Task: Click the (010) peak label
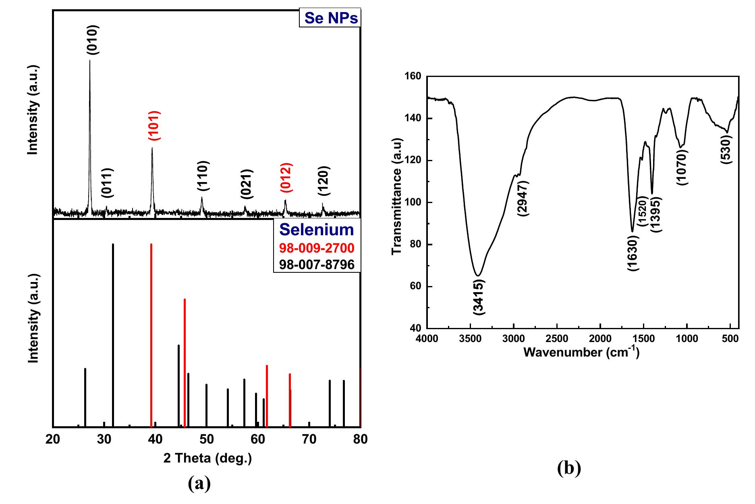click(93, 40)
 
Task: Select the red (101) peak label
click(155, 125)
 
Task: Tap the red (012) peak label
click(286, 178)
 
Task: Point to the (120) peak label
click(324, 181)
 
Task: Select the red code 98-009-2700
click(317, 248)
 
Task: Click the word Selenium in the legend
click(317, 230)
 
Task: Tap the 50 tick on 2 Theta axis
click(206, 439)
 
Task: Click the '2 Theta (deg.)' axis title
click(207, 458)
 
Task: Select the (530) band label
click(727, 149)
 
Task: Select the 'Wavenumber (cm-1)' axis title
click(581, 352)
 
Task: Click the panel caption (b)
click(569, 468)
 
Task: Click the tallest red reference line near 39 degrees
click(151, 334)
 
